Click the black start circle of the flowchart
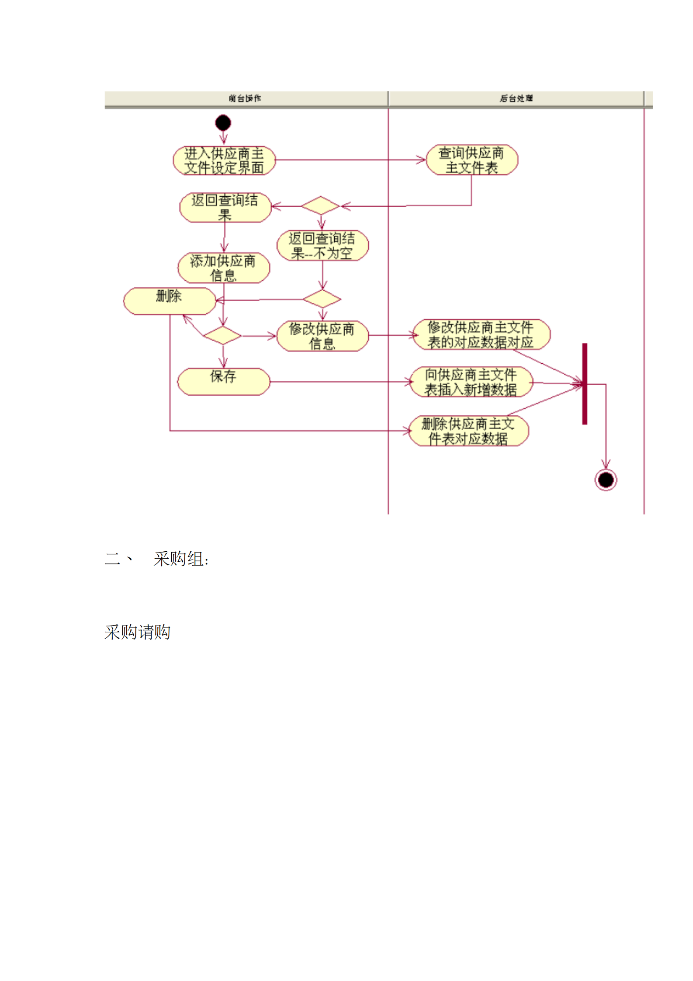click(223, 123)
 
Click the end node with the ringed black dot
click(606, 480)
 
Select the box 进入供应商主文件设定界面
click(224, 160)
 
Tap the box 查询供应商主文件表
click(471, 160)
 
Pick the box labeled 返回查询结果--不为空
click(322, 245)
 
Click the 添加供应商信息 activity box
click(223, 268)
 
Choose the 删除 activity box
click(170, 301)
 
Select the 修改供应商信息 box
click(322, 336)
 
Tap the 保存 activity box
click(223, 381)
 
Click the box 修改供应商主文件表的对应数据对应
click(481, 334)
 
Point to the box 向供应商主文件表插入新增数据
click(471, 382)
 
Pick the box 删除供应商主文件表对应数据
click(468, 431)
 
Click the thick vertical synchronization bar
click(584, 383)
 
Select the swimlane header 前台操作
click(245, 98)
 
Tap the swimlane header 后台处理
click(516, 98)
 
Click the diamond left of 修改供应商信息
click(222, 336)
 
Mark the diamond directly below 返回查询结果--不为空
click(322, 299)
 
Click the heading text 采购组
click(180, 559)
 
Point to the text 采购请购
click(137, 632)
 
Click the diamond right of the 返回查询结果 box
click(320, 205)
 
